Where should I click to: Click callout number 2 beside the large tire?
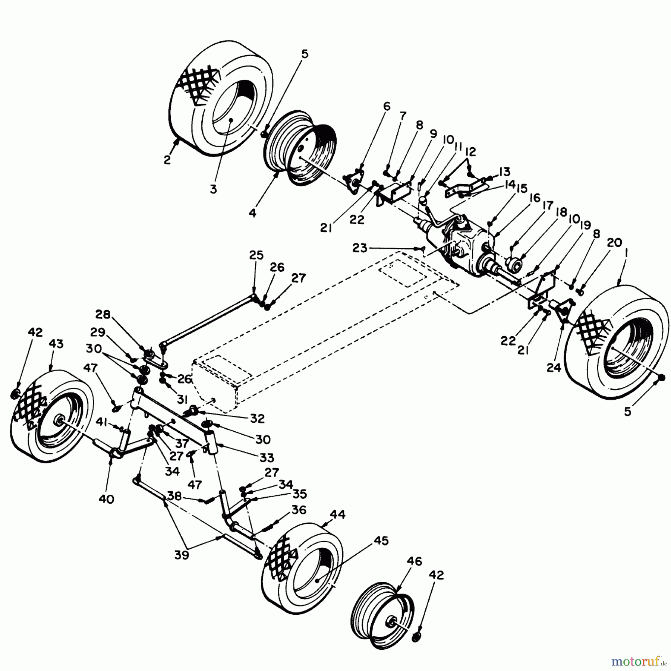click(167, 160)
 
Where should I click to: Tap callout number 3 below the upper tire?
click(213, 189)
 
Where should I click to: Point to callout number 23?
click(360, 248)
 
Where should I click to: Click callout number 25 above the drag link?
click(256, 256)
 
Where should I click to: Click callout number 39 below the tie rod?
click(181, 555)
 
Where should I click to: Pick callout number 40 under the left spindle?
click(106, 499)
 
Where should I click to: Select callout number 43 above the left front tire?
click(56, 344)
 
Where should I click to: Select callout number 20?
click(614, 243)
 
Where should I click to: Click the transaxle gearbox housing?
click(462, 242)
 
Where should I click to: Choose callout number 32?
click(258, 418)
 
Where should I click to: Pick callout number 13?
click(504, 172)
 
